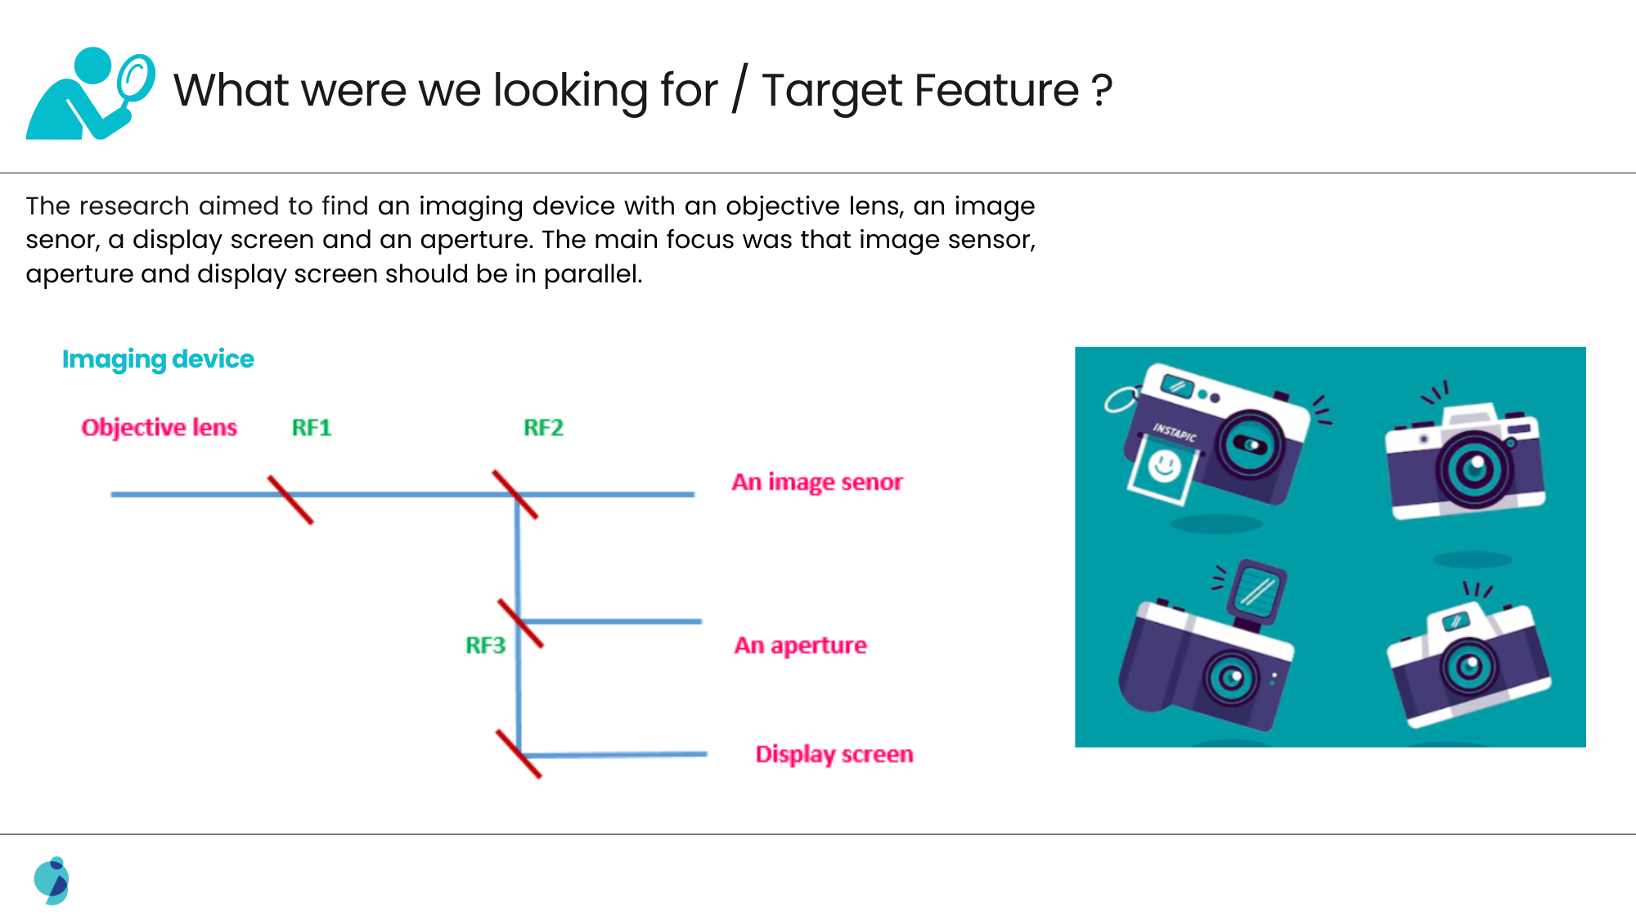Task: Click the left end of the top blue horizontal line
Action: click(111, 494)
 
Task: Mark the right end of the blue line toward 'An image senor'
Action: click(694, 494)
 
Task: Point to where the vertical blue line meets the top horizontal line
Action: click(517, 495)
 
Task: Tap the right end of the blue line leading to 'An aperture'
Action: click(702, 621)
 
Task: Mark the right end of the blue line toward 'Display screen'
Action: click(707, 754)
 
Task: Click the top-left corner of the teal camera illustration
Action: click(1075, 347)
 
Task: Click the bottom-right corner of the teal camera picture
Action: click(1586, 747)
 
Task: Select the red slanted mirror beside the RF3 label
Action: click(521, 624)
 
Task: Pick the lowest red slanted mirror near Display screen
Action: click(519, 754)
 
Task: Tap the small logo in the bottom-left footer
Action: click(52, 881)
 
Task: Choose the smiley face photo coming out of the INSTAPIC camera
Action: click(1162, 469)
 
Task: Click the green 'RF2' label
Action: click(543, 427)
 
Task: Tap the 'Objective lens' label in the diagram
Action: click(160, 427)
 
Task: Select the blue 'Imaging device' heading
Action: click(159, 359)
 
